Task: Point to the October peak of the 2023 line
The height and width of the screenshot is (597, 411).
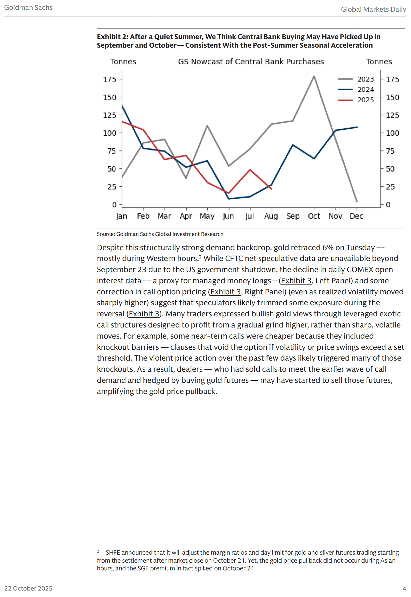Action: click(314, 76)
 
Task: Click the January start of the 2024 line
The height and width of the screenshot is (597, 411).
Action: click(122, 106)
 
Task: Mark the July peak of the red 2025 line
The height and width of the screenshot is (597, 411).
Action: click(250, 170)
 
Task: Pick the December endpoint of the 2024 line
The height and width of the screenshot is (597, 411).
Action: click(357, 127)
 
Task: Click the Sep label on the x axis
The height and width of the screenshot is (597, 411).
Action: click(293, 216)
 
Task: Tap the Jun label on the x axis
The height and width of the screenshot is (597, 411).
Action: click(228, 216)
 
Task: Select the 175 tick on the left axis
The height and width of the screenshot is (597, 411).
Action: click(110, 79)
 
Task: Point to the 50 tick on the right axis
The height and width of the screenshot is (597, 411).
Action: click(390, 169)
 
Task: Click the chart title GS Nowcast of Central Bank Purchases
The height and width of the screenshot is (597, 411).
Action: click(251, 62)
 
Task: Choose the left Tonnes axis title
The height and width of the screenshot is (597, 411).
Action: click(123, 62)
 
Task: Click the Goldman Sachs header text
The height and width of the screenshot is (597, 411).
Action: click(28, 8)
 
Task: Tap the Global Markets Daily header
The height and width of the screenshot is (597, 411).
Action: click(373, 9)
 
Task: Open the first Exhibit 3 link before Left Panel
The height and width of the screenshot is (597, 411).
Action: click(296, 281)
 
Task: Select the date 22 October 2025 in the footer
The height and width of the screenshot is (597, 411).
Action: click(28, 588)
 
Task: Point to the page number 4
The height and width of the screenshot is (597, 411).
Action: click(404, 588)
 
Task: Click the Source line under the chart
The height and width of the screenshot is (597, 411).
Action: click(160, 234)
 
